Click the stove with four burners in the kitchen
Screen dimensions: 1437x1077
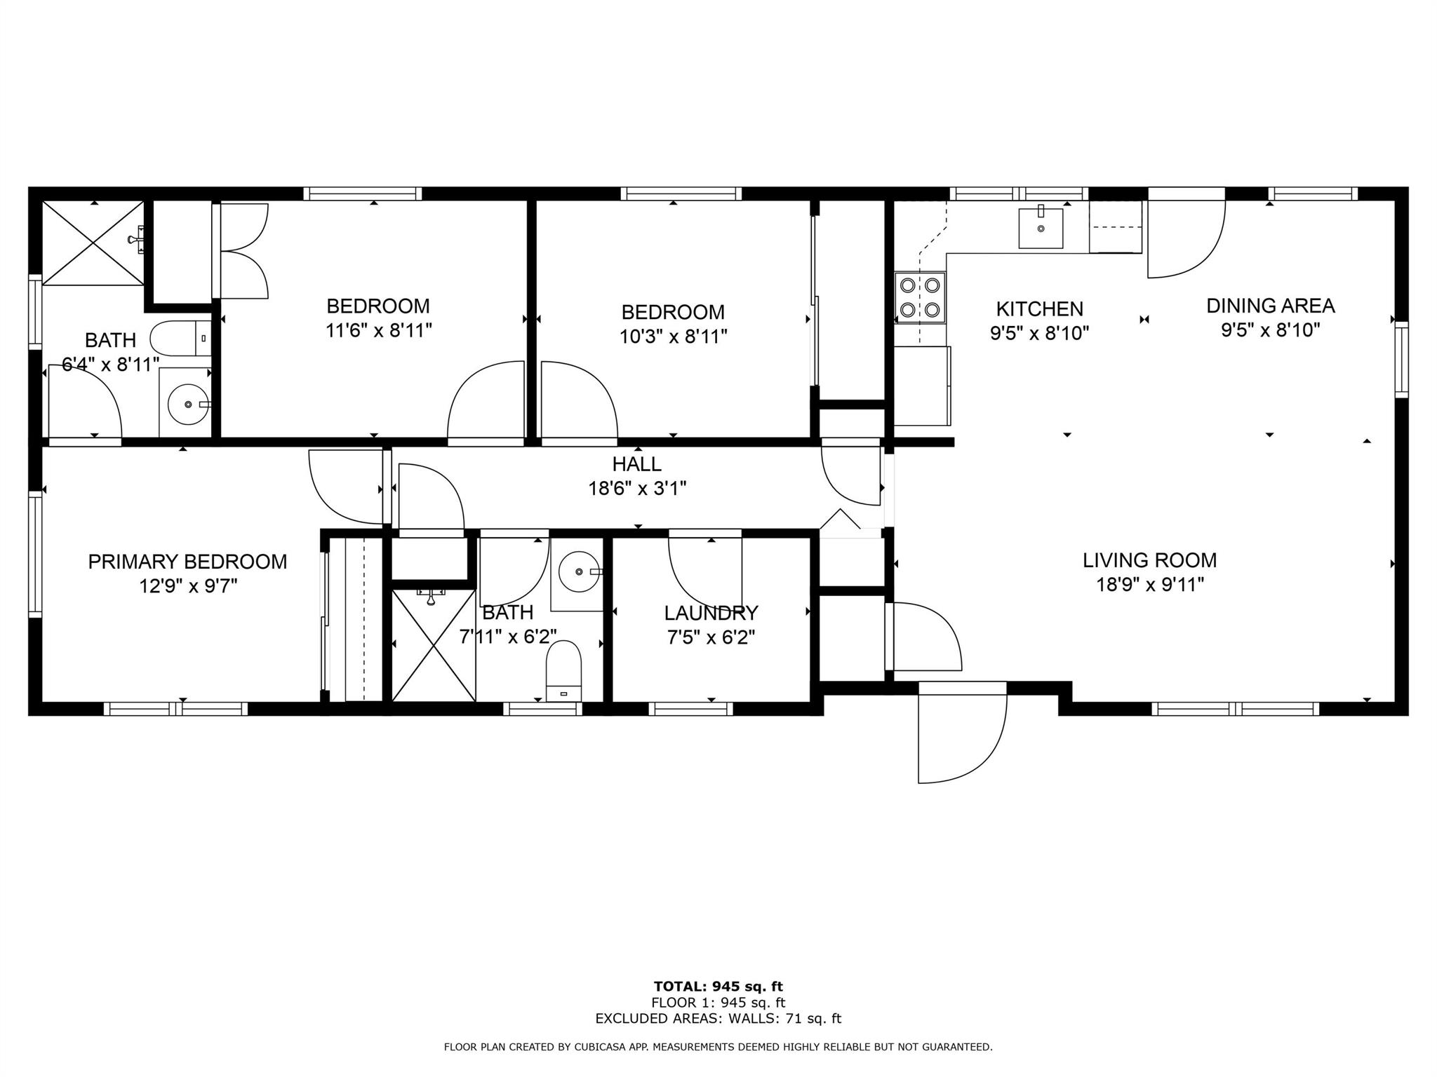[920, 297]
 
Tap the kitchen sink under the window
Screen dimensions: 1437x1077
[1041, 228]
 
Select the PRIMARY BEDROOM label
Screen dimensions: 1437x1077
[187, 562]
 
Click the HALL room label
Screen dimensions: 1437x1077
[637, 464]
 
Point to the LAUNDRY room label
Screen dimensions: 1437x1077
[711, 614]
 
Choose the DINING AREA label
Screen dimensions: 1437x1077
[1271, 306]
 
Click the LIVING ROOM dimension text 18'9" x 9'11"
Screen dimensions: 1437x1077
[1150, 584]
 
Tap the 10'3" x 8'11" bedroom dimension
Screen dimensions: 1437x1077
[673, 337]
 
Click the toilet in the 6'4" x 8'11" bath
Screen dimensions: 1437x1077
[180, 339]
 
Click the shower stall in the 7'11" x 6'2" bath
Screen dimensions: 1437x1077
[434, 645]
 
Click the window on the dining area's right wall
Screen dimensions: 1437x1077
[1401, 360]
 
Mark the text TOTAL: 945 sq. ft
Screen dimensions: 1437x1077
[718, 987]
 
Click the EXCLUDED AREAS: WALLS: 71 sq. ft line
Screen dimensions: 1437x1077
[718, 1019]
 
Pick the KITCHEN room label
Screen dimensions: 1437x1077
[1039, 309]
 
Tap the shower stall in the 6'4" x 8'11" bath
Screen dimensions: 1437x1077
[93, 243]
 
